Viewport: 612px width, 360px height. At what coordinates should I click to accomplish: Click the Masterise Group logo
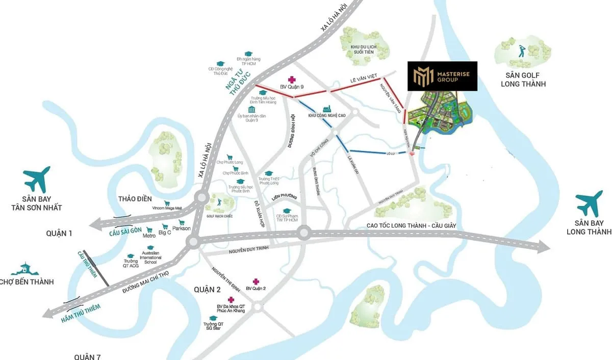[442, 76]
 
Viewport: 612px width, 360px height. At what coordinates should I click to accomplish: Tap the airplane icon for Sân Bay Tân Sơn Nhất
[37, 179]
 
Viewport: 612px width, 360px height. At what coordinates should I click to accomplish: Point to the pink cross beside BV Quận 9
[292, 79]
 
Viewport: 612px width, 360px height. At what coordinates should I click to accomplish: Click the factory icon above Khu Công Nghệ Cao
[327, 109]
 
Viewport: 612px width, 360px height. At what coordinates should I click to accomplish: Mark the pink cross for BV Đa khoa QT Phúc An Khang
[231, 299]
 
